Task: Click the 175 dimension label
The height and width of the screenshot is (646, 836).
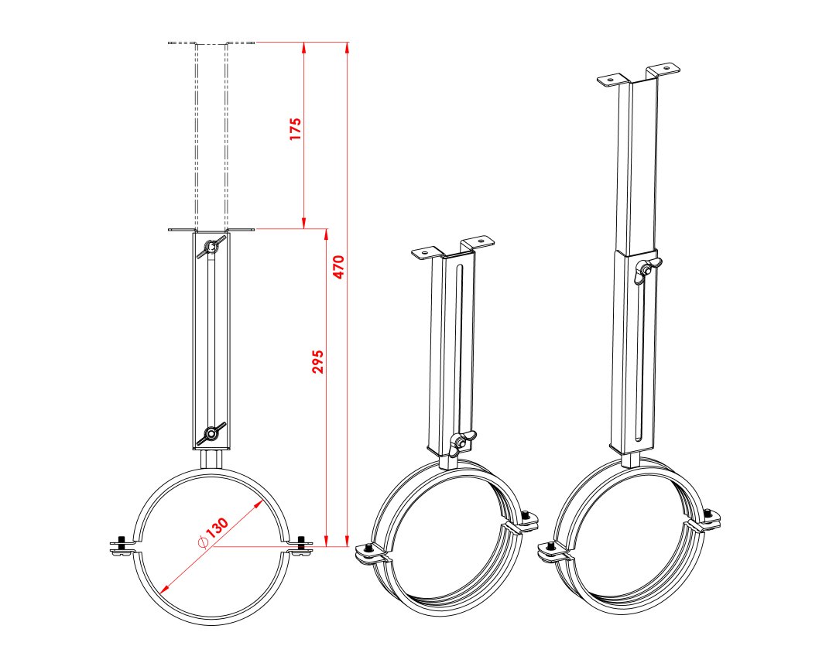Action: [296, 129]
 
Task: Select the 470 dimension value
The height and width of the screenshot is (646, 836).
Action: [339, 267]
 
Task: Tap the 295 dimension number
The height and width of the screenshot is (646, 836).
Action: [318, 361]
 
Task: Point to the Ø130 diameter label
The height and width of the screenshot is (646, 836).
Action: [213, 533]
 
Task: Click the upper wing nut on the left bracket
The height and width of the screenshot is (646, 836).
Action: [211, 247]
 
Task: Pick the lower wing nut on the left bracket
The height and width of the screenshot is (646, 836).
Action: [211, 433]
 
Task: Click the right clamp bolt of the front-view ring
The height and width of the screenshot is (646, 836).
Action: [300, 546]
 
